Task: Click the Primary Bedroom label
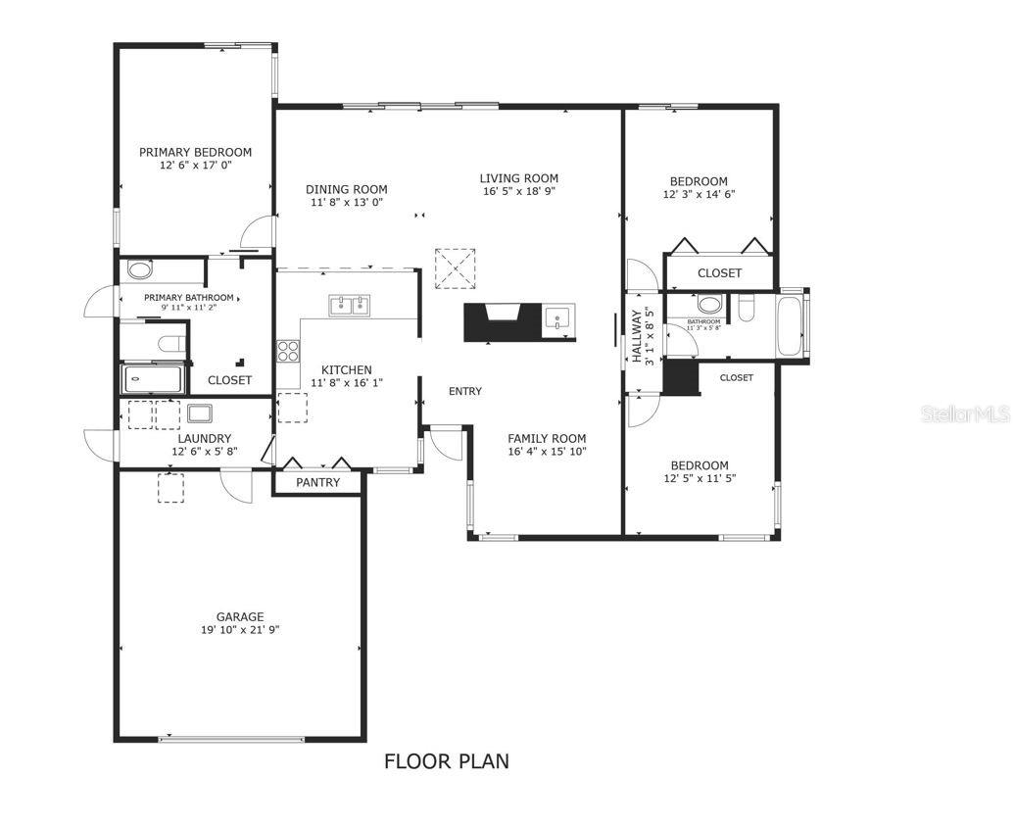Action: click(x=195, y=152)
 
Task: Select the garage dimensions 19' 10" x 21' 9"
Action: click(x=240, y=630)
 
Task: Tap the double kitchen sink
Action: click(x=348, y=307)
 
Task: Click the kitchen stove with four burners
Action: click(x=288, y=351)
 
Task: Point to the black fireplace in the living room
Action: click(x=502, y=321)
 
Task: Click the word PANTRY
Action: click(x=318, y=482)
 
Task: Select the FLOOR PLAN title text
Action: click(x=446, y=761)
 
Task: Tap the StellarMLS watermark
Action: click(x=964, y=415)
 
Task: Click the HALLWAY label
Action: click(x=636, y=336)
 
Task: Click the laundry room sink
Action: click(x=201, y=413)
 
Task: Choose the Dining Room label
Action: click(x=346, y=189)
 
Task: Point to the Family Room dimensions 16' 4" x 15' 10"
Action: click(x=547, y=452)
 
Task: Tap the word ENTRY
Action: click(x=465, y=392)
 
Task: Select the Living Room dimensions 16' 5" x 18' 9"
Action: click(x=519, y=192)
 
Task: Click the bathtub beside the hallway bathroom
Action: click(x=791, y=326)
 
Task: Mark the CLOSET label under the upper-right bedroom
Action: click(x=719, y=273)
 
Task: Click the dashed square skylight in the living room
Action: click(x=454, y=268)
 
